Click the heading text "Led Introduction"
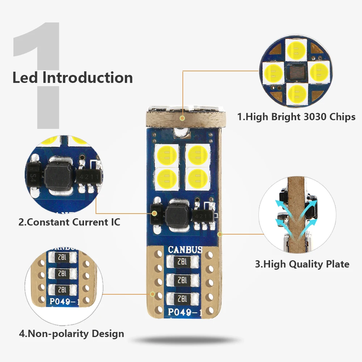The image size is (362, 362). click(x=72, y=78)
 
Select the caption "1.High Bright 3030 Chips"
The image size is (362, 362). click(x=296, y=117)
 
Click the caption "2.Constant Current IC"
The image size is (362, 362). click(x=69, y=222)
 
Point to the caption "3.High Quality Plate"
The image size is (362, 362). click(x=302, y=264)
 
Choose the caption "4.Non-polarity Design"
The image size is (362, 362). click(x=71, y=333)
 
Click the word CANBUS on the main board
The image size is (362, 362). click(x=185, y=250)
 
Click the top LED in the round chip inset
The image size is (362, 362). click(x=296, y=49)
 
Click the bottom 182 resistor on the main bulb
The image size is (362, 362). click(x=183, y=298)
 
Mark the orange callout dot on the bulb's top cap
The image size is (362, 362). click(x=183, y=118)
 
